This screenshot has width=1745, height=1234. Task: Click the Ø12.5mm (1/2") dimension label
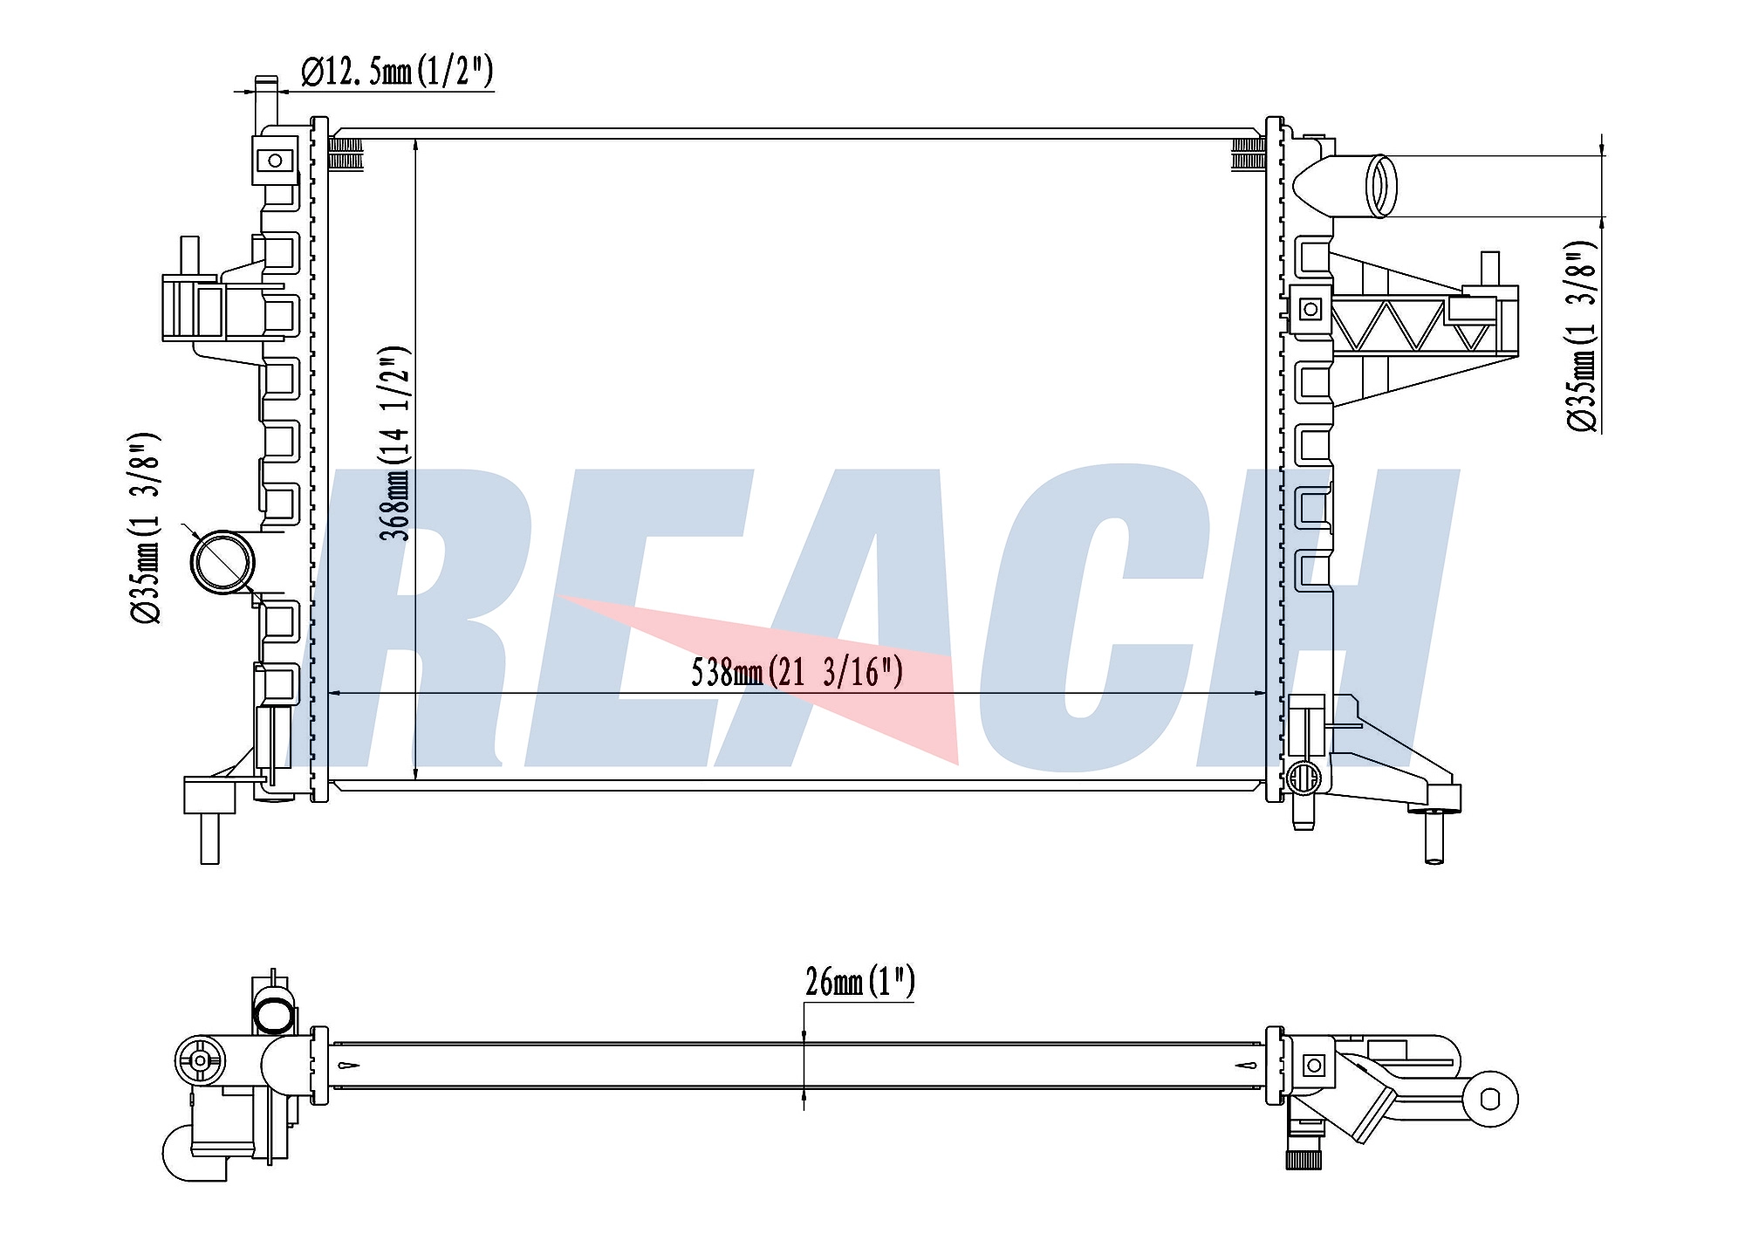pos(398,72)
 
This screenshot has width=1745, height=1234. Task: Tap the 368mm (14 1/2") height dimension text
pos(395,443)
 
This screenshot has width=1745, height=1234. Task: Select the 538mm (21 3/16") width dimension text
pos(797,673)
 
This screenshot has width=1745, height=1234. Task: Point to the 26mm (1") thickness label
pos(860,982)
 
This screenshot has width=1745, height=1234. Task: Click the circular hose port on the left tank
pos(222,562)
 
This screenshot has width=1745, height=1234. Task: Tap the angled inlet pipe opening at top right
pos(1383,185)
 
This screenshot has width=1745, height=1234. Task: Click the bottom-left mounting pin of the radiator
pos(209,838)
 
